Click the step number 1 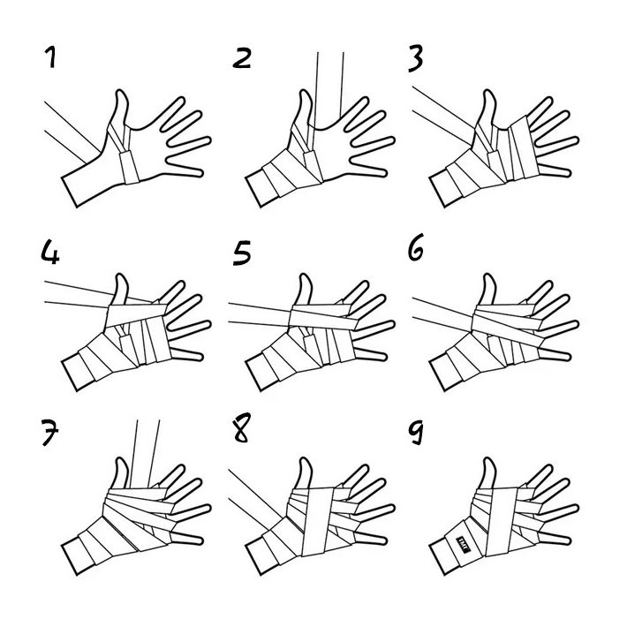(50, 57)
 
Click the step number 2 (242, 58)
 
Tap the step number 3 (415, 59)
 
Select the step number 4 (50, 252)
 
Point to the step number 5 (241, 253)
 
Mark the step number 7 (50, 432)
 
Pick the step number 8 (241, 428)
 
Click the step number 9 (416, 432)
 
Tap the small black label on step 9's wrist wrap (462, 544)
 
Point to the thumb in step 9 (488, 473)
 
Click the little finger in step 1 (185, 169)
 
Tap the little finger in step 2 (368, 169)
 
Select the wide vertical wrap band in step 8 (318, 522)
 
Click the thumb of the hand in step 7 (119, 474)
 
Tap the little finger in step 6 (554, 354)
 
